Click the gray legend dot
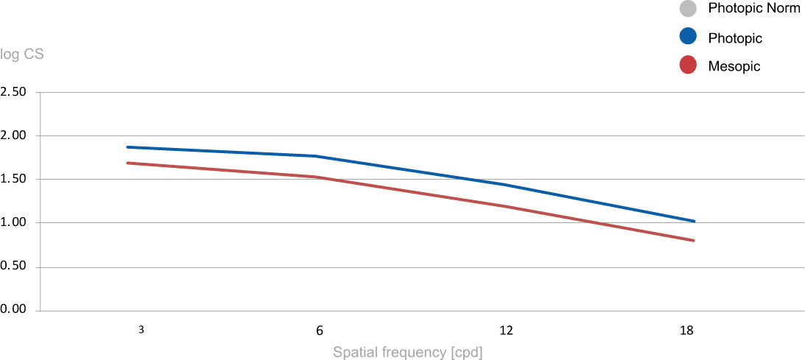point(687,8)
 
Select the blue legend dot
point(687,36)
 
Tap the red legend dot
point(687,65)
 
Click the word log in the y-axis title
point(10,54)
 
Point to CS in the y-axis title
point(34,54)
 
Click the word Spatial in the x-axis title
point(355,352)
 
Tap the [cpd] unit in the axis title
point(467,352)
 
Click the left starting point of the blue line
point(128,147)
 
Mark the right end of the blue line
point(694,221)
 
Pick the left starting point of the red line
point(128,163)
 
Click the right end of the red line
point(694,240)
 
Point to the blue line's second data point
point(315,156)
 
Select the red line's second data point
point(315,177)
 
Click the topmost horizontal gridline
point(420,93)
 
